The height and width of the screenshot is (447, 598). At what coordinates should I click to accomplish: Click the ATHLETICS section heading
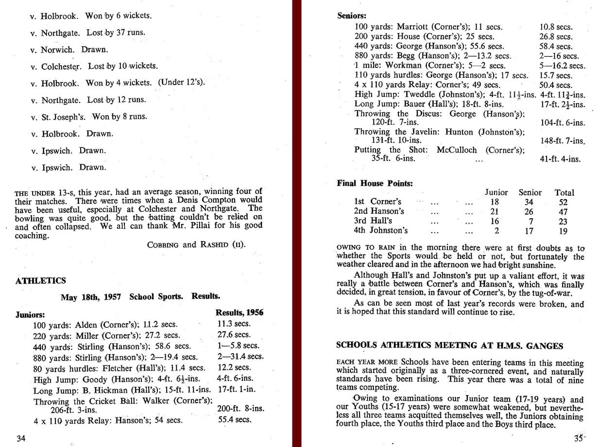coord(41,281)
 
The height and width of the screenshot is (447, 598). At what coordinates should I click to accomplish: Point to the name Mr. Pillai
coord(189,226)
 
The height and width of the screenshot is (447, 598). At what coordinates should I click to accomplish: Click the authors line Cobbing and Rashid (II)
coord(196,245)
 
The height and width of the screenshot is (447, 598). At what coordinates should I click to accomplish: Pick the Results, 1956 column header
coord(239,312)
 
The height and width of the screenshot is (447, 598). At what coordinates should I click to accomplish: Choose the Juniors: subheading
coord(31,314)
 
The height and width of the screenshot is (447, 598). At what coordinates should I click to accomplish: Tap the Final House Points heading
coord(375,183)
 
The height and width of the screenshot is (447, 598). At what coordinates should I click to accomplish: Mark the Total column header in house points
coord(564,192)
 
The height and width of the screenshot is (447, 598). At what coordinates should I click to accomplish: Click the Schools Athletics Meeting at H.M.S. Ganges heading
coord(450,346)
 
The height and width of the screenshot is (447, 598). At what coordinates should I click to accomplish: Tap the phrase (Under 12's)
coord(181,83)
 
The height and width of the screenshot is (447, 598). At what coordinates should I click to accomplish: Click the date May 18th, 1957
coord(91,296)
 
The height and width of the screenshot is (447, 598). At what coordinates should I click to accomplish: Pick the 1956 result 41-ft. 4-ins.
coord(560,159)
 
